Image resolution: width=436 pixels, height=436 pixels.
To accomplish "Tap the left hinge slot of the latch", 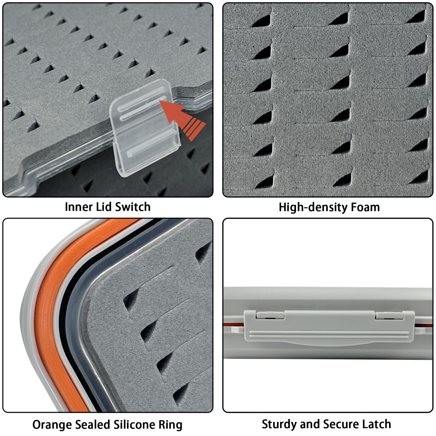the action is point(271,315).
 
